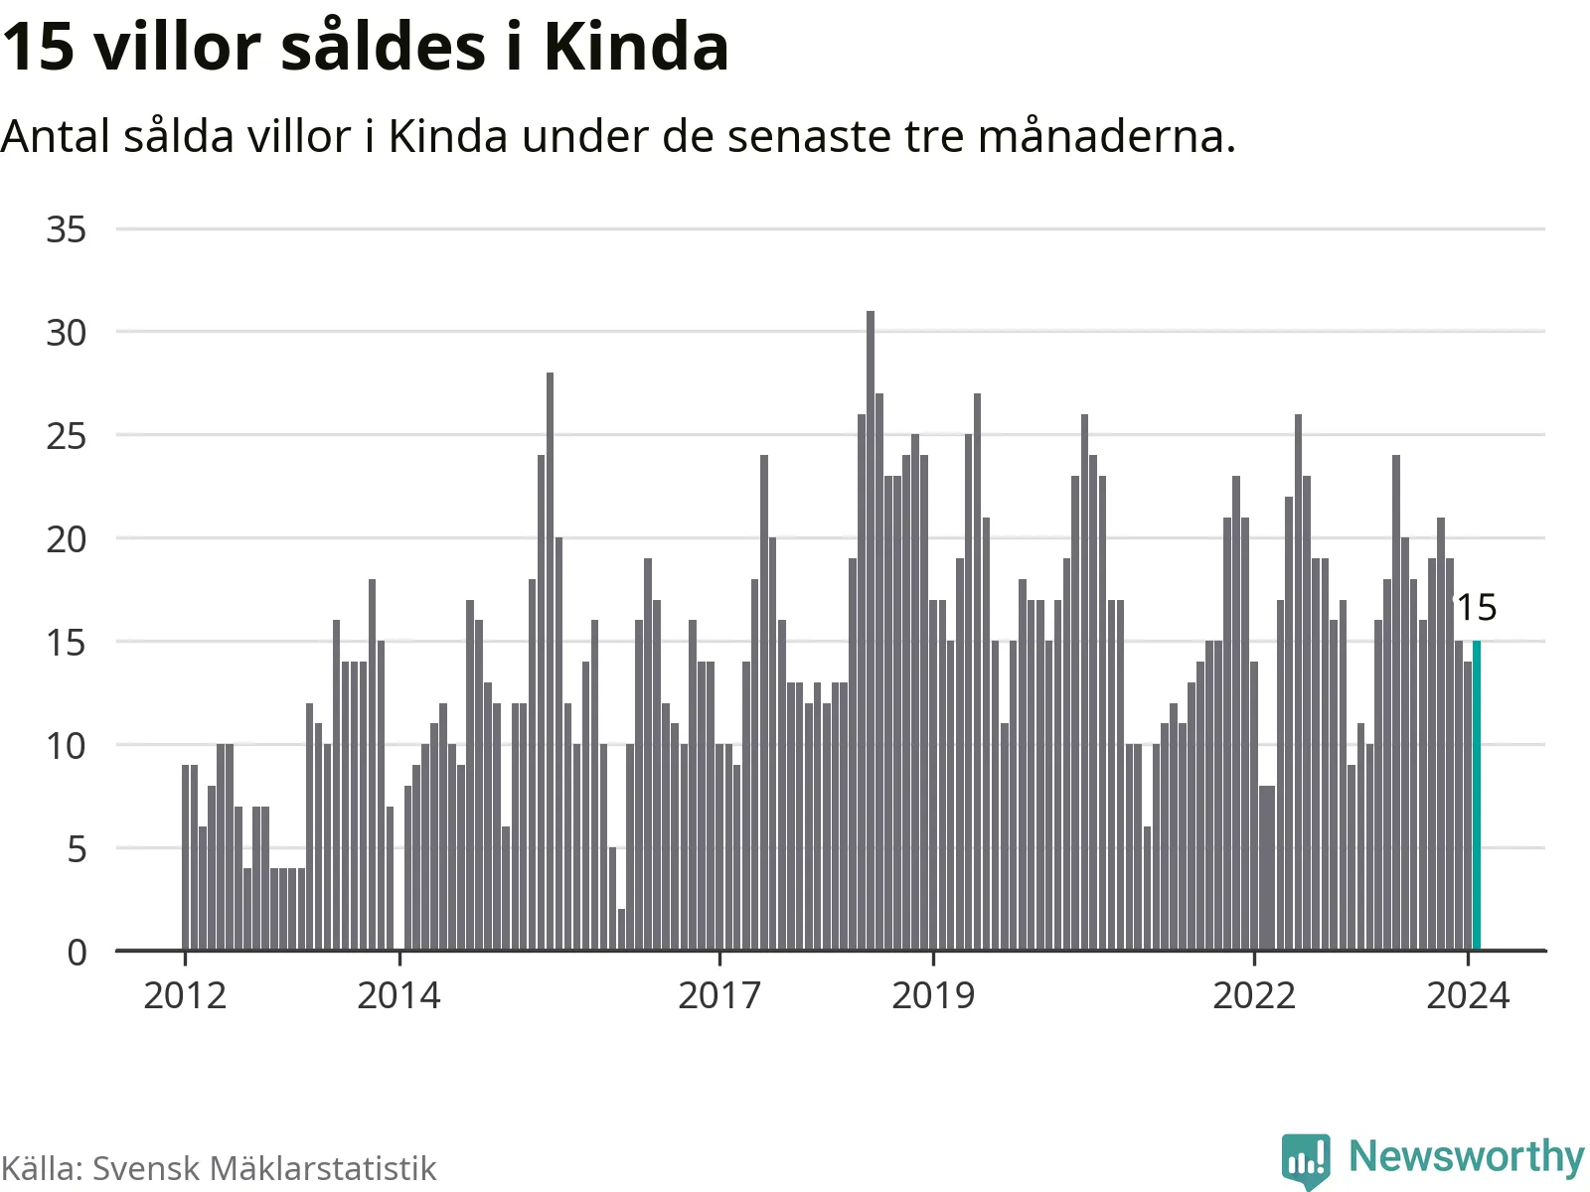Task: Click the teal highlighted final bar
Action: click(1476, 795)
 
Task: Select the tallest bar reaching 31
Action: click(871, 631)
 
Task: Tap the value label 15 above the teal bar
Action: click(1477, 607)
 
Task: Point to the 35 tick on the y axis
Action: click(67, 229)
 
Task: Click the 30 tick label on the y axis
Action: click(67, 333)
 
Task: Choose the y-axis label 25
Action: click(67, 436)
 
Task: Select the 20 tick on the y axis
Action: click(67, 539)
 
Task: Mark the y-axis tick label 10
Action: click(67, 746)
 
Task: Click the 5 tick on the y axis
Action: click(77, 849)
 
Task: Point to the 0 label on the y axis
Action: click(77, 953)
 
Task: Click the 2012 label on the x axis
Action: click(185, 994)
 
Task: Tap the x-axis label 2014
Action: click(398, 994)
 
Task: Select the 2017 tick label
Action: click(719, 994)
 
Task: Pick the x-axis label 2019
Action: click(933, 994)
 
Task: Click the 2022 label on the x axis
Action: click(1254, 994)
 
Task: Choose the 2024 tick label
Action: click(1468, 994)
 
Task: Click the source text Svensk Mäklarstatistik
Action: click(264, 1168)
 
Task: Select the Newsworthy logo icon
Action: click(1306, 1158)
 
